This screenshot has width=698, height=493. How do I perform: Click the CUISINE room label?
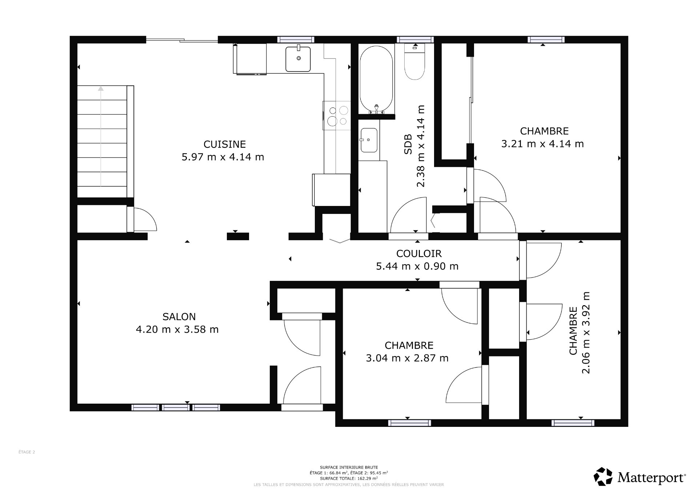pos(224,144)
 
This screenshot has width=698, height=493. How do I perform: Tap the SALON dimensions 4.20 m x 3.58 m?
pos(177,330)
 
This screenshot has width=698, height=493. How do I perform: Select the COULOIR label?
pos(419,253)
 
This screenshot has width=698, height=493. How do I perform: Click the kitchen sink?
pos(298,59)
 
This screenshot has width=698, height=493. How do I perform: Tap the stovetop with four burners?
pos(337,116)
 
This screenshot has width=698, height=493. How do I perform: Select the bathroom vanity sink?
pos(369,140)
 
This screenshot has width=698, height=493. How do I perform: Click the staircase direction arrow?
pos(101,136)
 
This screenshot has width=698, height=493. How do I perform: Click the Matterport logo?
pos(640,476)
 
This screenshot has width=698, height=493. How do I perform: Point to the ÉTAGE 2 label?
pos(27,452)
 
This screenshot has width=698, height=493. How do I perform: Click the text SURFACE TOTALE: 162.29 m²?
pos(349,478)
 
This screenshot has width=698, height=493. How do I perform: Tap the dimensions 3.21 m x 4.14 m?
pos(542,144)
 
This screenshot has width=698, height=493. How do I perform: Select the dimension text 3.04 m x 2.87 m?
pos(407,358)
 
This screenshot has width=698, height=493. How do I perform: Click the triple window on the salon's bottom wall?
pos(176,407)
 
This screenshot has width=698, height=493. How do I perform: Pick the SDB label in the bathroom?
pos(408,144)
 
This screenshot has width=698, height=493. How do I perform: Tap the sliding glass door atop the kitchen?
pos(182,40)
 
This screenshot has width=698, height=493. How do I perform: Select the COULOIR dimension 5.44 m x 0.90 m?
pos(417,266)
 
